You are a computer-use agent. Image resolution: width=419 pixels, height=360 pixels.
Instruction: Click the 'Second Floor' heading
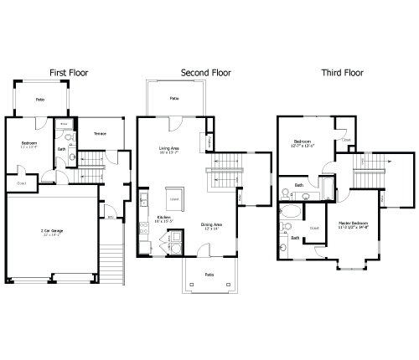[205, 73]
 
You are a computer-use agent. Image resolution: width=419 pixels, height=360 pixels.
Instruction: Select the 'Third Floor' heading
[344, 73]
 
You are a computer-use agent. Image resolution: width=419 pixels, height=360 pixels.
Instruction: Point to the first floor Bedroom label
[29, 143]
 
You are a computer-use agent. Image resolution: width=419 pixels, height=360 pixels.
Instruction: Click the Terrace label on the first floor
[100, 133]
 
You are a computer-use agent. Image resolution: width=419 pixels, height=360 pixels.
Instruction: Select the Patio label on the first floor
[39, 99]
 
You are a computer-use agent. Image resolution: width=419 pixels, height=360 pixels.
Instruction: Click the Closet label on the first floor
[22, 183]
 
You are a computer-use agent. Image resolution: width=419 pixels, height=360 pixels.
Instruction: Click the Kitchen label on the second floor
[164, 218]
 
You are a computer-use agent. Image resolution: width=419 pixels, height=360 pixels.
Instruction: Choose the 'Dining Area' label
[211, 224]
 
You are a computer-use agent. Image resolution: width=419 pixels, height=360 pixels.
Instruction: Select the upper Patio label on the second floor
[174, 98]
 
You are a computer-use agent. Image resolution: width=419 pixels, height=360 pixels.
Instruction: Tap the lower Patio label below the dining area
[209, 274]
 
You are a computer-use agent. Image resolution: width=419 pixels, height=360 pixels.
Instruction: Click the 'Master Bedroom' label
[354, 224]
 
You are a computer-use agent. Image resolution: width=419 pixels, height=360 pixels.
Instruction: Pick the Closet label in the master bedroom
[315, 228]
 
